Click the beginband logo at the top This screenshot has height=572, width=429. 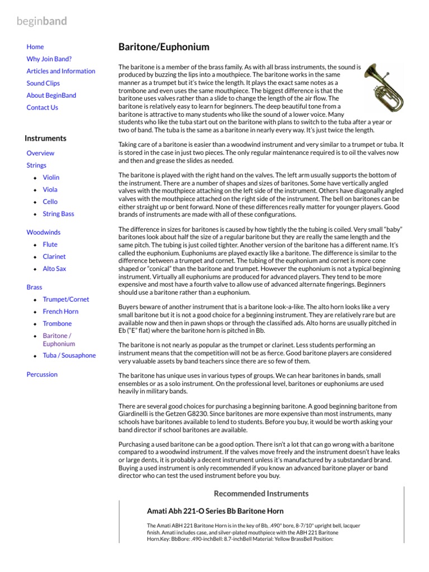[x=42, y=21]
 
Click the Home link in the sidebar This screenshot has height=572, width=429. [x=35, y=47]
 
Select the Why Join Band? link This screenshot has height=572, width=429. [x=49, y=59]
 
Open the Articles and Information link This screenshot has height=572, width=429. [x=60, y=71]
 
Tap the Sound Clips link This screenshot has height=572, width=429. [x=43, y=83]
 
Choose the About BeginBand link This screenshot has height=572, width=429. [x=51, y=96]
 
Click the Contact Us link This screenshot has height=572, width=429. [x=42, y=108]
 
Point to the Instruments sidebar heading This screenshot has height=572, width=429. [x=45, y=139]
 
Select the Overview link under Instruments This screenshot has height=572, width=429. [x=40, y=153]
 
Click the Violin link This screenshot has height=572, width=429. [x=51, y=178]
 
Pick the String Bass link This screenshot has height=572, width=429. [x=58, y=214]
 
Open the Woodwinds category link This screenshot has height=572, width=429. [x=43, y=232]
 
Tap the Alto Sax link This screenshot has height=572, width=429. [x=54, y=269]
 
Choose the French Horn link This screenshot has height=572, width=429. [x=60, y=312]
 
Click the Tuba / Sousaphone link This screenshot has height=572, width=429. [x=69, y=355]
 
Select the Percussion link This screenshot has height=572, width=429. [x=42, y=374]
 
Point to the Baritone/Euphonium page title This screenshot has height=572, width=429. [x=164, y=47]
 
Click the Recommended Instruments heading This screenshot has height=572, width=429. [x=261, y=494]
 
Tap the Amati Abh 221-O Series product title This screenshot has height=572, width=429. [x=215, y=511]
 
